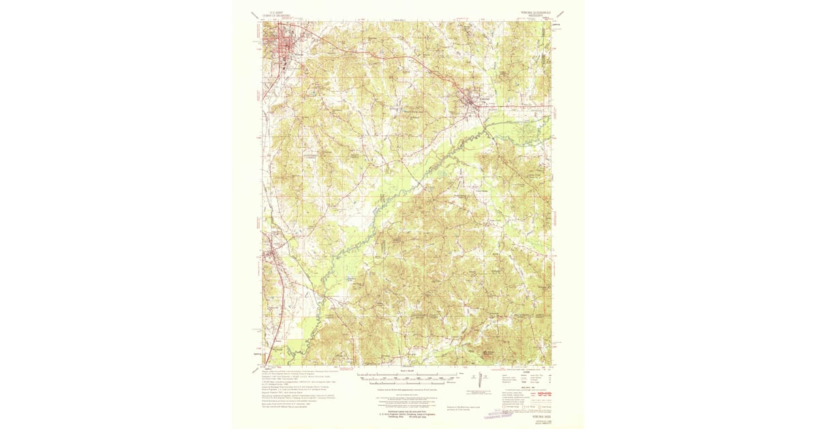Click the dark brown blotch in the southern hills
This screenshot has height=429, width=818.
point(489,353)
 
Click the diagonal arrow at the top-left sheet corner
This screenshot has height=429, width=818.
point(256,13)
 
